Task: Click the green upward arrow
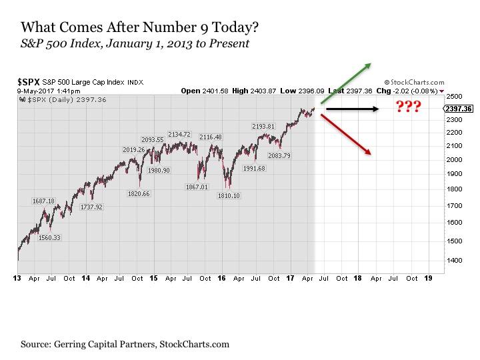345,83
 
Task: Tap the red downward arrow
345,135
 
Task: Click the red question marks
408,107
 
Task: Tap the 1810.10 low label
228,195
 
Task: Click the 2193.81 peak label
263,126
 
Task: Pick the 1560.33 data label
49,237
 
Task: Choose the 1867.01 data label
197,187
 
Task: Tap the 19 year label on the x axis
428,278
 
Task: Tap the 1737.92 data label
91,207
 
